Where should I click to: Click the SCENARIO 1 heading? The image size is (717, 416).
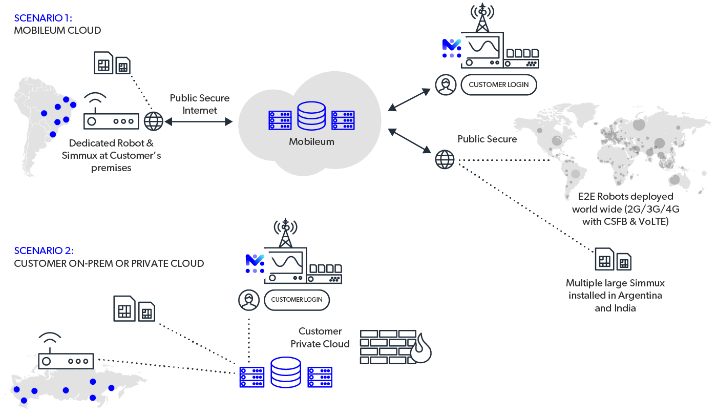coord(44,18)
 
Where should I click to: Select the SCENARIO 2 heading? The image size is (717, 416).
coord(44,251)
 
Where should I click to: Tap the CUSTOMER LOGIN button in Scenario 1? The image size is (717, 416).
coord(498,85)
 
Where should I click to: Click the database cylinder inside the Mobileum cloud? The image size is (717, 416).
coord(311,117)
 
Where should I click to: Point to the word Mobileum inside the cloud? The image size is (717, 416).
coord(311,141)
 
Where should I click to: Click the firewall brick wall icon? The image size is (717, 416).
coord(388,347)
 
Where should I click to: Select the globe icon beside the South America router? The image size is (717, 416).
coord(153,121)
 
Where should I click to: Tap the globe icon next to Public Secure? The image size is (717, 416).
coord(445,159)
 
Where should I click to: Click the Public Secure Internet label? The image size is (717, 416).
coord(200,104)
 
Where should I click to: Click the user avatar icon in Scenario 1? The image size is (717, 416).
coord(445,85)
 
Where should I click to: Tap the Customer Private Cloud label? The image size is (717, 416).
coord(320,338)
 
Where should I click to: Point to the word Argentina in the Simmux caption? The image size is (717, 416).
coord(640,296)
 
